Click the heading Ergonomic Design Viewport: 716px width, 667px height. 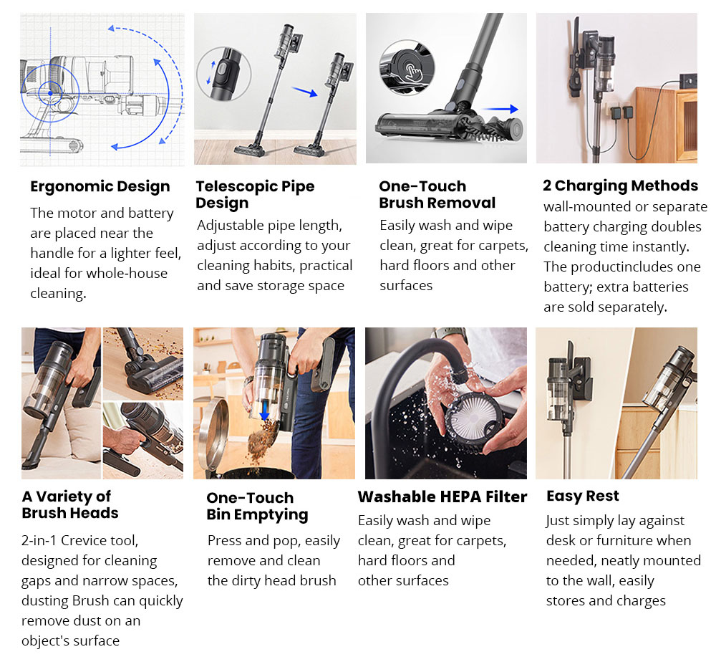100,187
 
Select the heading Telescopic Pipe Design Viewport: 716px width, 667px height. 255,195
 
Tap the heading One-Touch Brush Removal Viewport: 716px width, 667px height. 437,195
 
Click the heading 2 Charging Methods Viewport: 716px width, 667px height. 620,186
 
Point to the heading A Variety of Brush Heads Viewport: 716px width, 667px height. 69,504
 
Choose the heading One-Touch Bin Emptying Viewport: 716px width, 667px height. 257,507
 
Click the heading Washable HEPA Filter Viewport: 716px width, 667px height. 442,497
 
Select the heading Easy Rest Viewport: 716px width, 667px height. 582,496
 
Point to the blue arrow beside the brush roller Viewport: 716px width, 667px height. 504,109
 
